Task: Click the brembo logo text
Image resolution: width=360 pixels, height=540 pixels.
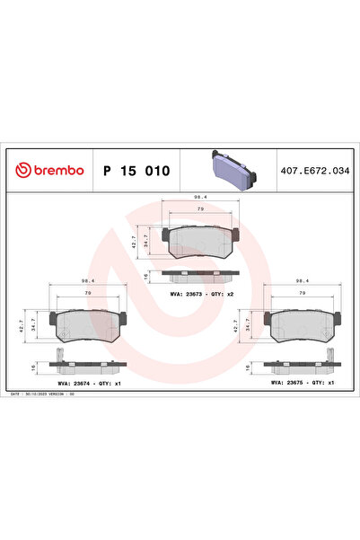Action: pos(51,170)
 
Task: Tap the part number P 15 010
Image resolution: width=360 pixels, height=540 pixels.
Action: pos(137,170)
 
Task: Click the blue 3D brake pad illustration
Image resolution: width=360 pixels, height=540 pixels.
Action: pos(231,167)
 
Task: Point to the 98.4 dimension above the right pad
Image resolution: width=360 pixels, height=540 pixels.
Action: pos(302,280)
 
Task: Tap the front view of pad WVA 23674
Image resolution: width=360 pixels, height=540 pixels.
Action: pos(88,324)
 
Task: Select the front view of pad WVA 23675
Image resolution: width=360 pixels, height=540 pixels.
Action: pos(302,324)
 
